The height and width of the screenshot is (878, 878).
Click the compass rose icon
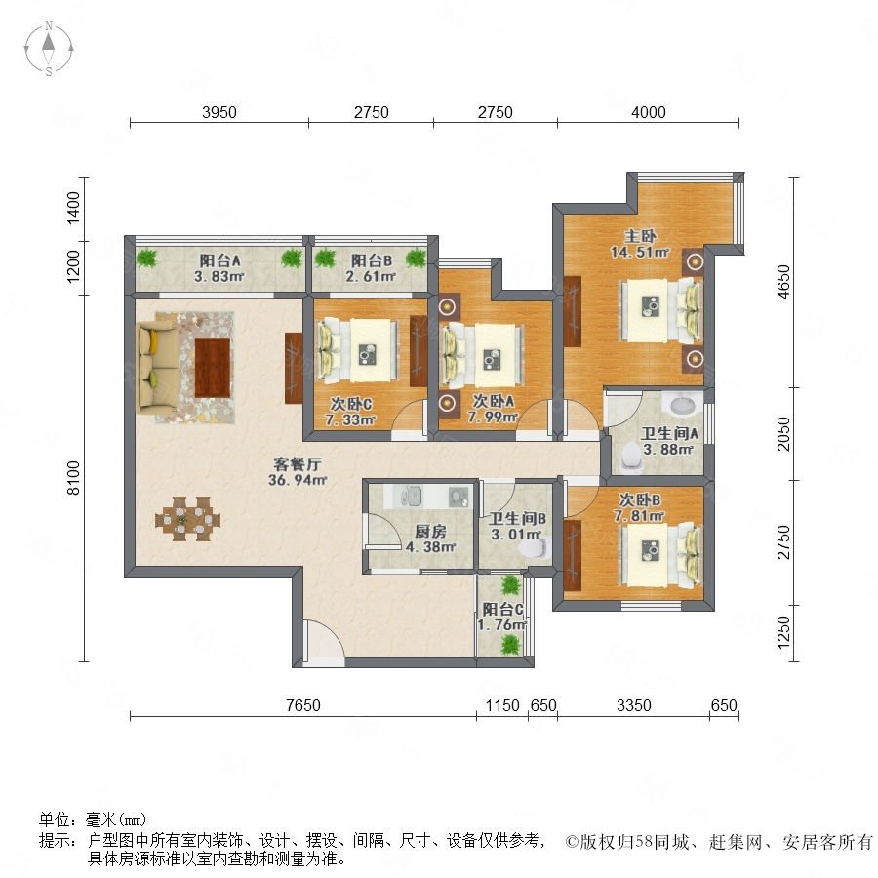pyautogui.click(x=49, y=49)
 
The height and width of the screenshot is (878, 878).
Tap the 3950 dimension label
pyautogui.click(x=219, y=112)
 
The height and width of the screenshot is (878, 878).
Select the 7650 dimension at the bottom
pyautogui.click(x=303, y=705)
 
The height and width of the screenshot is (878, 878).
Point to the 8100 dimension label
pyautogui.click(x=73, y=478)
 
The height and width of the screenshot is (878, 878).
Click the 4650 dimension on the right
pyautogui.click(x=784, y=282)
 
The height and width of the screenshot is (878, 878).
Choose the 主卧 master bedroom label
pyautogui.click(x=640, y=236)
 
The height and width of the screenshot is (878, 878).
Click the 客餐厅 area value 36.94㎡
pyautogui.click(x=298, y=480)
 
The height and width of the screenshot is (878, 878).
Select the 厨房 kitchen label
pyautogui.click(x=430, y=532)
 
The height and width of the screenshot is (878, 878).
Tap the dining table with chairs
pyautogui.click(x=187, y=519)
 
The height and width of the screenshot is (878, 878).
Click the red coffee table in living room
pyautogui.click(x=213, y=368)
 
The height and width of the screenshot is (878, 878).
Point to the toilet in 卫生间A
pyautogui.click(x=631, y=457)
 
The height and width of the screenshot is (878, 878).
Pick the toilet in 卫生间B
pyautogui.click(x=535, y=547)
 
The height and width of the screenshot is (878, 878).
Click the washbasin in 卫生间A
pyautogui.click(x=682, y=403)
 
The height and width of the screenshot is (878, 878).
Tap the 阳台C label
pyautogui.click(x=502, y=609)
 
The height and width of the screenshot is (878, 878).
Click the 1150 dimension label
pyautogui.click(x=502, y=705)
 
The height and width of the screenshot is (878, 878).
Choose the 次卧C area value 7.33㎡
pyautogui.click(x=350, y=419)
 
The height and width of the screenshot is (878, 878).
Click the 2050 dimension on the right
pyautogui.click(x=784, y=433)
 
